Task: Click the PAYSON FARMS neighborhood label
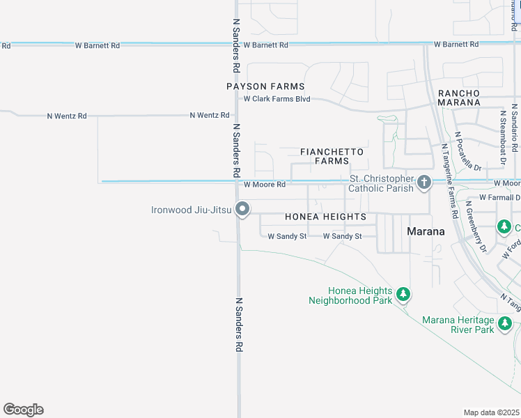click(x=265, y=86)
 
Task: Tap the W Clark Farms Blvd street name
click(x=277, y=99)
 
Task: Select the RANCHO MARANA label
click(x=458, y=98)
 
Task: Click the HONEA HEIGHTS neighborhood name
click(x=325, y=217)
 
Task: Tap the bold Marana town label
click(x=426, y=231)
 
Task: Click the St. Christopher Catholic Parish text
click(x=382, y=184)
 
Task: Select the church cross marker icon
click(x=423, y=183)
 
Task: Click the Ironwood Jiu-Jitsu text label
click(x=192, y=209)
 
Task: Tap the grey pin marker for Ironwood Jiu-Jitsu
click(x=242, y=208)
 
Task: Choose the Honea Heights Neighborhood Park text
click(x=351, y=296)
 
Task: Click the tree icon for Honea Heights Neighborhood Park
click(x=403, y=295)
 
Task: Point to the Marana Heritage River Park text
click(x=458, y=325)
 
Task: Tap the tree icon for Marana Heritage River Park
click(x=505, y=323)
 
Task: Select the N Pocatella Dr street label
click(x=468, y=151)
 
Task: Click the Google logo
click(x=24, y=410)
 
